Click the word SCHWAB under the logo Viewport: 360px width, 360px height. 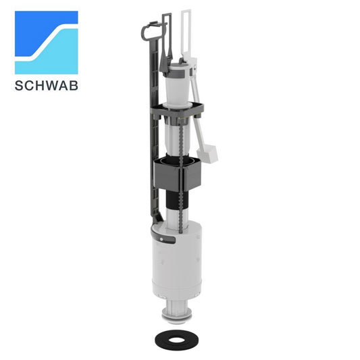47,86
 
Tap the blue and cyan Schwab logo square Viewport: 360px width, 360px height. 47,43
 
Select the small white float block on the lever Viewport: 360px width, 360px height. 207,153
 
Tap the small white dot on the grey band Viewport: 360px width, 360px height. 161,240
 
